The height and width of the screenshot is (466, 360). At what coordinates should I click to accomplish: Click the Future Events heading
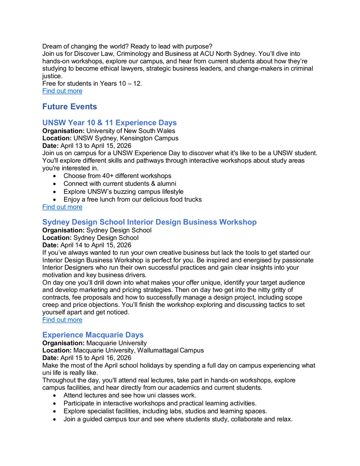pyautogui.click(x=70, y=107)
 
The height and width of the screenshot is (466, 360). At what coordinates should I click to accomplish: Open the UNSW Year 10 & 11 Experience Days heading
pyautogui.click(x=110, y=123)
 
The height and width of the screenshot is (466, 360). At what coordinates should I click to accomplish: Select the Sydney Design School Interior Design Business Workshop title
pyautogui.click(x=149, y=222)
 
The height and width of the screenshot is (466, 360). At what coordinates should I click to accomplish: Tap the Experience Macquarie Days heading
pyautogui.click(x=93, y=335)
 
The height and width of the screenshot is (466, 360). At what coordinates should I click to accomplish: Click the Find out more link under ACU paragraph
pyautogui.click(x=62, y=91)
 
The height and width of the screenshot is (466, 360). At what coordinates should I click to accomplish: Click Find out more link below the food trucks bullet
pyautogui.click(x=62, y=207)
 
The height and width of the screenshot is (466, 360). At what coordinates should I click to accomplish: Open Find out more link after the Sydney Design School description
pyautogui.click(x=62, y=320)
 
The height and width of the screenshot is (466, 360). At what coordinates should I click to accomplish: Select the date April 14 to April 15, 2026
pyautogui.click(x=96, y=245)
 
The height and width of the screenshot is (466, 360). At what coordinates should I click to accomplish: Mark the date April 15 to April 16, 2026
pyautogui.click(x=96, y=358)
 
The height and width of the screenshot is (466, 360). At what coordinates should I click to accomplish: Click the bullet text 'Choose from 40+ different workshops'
pyautogui.click(x=117, y=176)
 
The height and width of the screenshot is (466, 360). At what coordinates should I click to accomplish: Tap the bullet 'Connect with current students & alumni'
pyautogui.click(x=120, y=184)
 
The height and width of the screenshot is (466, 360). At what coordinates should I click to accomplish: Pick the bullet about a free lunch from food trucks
pyautogui.click(x=132, y=200)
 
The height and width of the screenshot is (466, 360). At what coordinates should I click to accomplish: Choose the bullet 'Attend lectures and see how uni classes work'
pyautogui.click(x=130, y=395)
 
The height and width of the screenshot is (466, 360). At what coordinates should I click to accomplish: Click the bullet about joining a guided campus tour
pyautogui.click(x=178, y=419)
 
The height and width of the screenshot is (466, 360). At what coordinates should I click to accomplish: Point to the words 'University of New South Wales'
pyautogui.click(x=130, y=131)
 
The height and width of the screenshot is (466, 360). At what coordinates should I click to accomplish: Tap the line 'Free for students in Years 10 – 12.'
pyautogui.click(x=92, y=83)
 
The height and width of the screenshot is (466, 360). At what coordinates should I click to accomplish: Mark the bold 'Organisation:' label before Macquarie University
pyautogui.click(x=63, y=343)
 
